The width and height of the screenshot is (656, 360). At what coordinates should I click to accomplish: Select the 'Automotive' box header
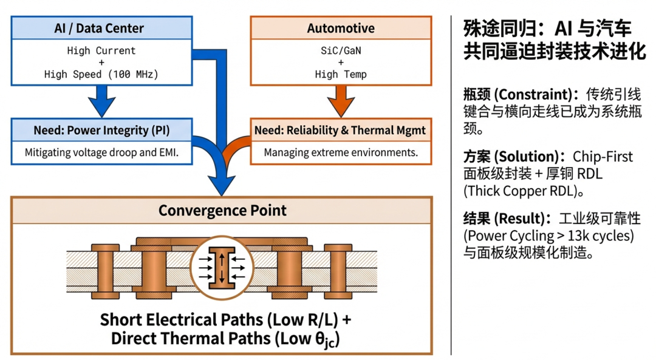click(x=341, y=28)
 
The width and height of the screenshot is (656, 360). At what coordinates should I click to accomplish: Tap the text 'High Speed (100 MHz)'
click(x=101, y=74)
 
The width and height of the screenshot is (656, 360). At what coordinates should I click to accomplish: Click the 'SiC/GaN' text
click(x=341, y=50)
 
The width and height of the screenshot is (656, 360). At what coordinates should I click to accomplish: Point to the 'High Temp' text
click(x=341, y=74)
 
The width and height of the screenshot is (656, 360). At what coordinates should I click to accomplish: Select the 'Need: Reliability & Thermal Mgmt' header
click(x=340, y=130)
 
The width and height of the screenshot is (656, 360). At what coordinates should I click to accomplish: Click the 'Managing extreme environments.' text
click(x=341, y=152)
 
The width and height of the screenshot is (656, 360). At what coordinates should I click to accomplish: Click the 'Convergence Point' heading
click(x=222, y=211)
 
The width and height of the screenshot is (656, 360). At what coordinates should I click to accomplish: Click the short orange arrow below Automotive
click(x=340, y=101)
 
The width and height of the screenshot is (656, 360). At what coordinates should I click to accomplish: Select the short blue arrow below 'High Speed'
click(x=101, y=101)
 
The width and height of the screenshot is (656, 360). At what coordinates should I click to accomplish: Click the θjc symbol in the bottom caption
click(x=324, y=339)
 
